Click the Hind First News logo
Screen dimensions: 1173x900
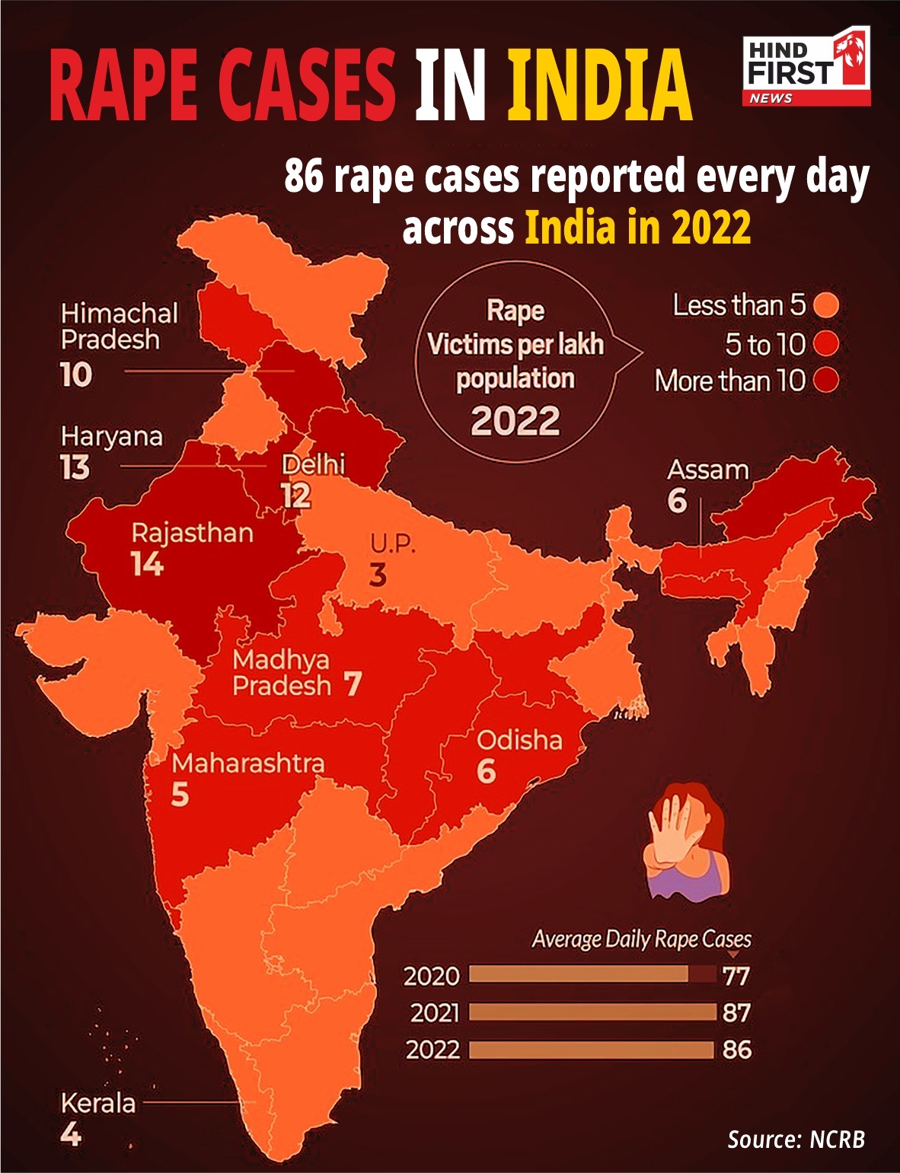806,67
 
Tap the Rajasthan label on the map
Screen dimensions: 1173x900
192,533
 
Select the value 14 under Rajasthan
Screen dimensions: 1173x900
146,564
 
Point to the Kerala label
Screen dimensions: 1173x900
97,1103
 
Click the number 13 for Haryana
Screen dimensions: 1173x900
75,467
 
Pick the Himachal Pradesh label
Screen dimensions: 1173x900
119,326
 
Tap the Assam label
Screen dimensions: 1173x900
707,470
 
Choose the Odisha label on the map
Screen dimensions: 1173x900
519,740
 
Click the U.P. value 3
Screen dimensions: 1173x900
378,575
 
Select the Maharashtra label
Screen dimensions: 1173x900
248,763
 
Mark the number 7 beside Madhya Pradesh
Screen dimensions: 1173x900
352,684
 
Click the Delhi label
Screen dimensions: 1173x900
313,464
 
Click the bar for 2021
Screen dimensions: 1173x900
592,1012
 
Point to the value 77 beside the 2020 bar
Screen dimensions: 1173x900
736,976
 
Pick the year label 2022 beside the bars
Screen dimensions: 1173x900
432,1050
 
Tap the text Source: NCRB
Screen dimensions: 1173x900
796,1139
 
